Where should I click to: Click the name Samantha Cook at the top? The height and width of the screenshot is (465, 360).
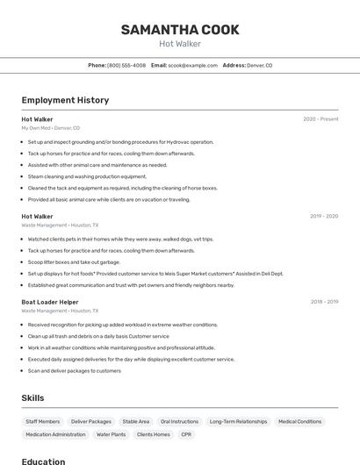(180, 30)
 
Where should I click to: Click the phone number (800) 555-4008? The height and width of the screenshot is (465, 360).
(126, 66)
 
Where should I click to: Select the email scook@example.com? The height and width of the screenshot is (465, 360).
(192, 66)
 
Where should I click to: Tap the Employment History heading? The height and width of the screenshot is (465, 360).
(65, 100)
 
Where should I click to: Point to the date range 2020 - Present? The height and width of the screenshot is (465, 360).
(320, 119)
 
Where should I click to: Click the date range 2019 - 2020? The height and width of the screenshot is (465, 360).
(324, 216)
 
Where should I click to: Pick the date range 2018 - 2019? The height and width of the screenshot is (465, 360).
(324, 302)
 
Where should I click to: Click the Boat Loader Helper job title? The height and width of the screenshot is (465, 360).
(51, 302)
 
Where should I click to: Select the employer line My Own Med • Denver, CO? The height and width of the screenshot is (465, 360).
(50, 128)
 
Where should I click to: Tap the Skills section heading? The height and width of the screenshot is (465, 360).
(32, 398)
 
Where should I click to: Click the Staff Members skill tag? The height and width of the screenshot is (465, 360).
(43, 422)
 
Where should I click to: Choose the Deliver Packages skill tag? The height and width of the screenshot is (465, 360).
(91, 422)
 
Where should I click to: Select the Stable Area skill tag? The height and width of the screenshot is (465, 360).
(136, 422)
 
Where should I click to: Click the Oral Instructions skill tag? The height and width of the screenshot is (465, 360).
(179, 422)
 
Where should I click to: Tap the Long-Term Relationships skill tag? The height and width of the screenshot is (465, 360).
(238, 422)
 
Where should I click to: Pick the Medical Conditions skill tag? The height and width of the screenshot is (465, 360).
(299, 422)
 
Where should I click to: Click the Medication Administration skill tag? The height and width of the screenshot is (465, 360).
(55, 434)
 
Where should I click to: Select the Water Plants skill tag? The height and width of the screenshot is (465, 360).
(111, 434)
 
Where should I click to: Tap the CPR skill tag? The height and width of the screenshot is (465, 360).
(186, 434)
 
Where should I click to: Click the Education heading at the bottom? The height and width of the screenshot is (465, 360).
(43, 461)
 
